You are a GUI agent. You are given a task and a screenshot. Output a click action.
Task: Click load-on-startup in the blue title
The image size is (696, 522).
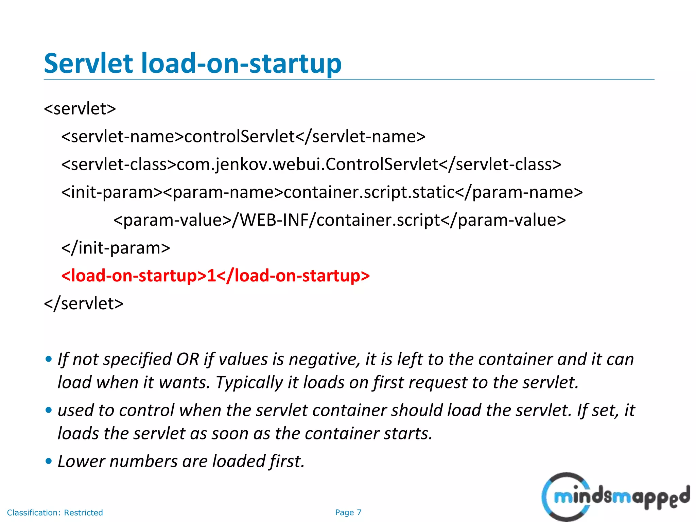[x=241, y=64]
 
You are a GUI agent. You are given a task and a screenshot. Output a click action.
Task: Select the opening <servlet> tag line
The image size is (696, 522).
[x=80, y=109]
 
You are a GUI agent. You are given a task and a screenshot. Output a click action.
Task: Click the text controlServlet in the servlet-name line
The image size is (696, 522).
[x=239, y=137]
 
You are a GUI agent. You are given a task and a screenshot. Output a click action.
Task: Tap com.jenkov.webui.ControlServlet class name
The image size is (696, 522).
[x=307, y=164]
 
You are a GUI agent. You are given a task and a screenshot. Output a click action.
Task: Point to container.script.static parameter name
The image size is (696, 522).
[x=369, y=192]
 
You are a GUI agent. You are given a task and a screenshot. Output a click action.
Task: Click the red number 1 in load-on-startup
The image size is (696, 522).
[x=211, y=276]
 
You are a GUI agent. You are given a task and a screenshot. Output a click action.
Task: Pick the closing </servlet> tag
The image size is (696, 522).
[x=84, y=303]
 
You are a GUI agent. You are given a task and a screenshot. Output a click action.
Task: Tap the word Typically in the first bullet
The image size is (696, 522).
[x=249, y=383]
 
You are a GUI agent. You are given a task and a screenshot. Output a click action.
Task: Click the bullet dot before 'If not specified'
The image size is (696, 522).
[x=49, y=360]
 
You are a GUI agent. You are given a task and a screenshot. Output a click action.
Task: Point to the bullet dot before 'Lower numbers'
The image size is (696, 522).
[x=49, y=462]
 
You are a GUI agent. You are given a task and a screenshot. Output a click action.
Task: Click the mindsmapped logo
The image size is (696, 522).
[x=615, y=497]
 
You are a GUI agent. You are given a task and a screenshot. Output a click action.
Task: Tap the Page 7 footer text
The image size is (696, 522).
[x=348, y=512]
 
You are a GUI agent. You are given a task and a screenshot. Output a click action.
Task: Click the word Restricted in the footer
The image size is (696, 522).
[x=84, y=512]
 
